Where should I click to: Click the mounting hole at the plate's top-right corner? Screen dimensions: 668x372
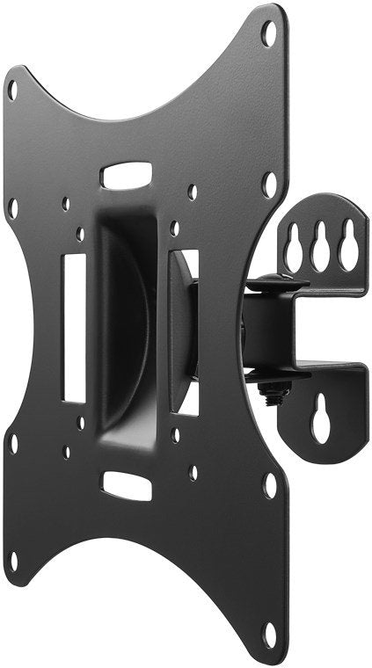pos(269,33)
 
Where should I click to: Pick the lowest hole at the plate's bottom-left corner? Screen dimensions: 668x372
pos(13,556)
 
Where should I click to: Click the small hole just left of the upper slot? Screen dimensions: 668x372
pos(66,203)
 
